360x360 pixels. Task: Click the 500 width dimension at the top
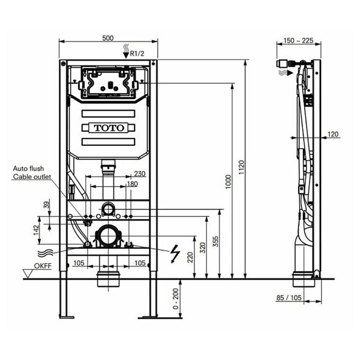point(107,38)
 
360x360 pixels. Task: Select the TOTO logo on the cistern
point(109,128)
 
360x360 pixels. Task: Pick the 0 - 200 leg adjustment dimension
point(173,299)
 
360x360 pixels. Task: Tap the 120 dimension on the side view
point(333,134)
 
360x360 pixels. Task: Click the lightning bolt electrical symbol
point(176,254)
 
